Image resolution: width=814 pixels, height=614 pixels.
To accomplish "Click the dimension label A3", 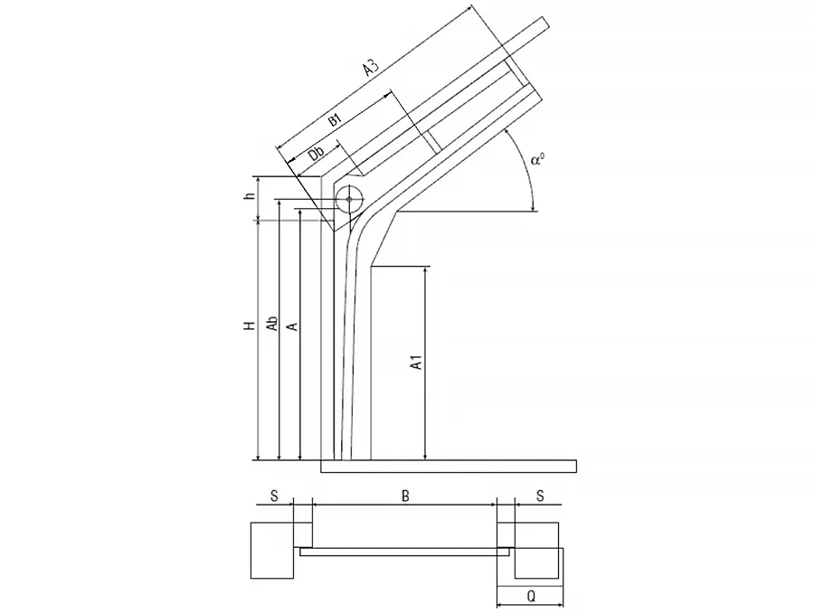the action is [371, 69].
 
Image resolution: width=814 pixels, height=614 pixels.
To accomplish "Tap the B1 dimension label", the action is [335, 120].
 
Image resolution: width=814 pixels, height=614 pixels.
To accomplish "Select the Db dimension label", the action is [316, 154].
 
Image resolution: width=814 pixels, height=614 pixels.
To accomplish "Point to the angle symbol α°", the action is [538, 159].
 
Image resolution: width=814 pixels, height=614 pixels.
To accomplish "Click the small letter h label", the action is [251, 195].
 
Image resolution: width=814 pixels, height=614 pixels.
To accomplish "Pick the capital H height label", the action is [251, 326].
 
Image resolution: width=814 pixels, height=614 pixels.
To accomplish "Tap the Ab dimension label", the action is [271, 324].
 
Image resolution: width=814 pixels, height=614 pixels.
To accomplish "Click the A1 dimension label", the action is [416, 363].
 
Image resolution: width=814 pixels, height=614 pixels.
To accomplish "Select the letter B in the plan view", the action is [405, 496].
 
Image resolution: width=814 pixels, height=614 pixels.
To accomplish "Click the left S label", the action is [274, 496].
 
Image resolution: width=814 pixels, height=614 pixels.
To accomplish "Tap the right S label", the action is [540, 496].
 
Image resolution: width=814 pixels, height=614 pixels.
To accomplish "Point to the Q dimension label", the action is [531, 597].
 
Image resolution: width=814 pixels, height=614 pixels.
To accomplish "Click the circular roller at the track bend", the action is [349, 199].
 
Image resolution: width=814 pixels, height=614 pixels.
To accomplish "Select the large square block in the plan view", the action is [272, 550].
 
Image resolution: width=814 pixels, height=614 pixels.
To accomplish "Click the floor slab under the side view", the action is [449, 466].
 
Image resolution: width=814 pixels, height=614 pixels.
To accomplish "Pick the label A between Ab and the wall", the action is [293, 326].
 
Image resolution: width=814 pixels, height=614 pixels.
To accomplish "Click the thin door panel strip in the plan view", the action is [404, 553].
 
